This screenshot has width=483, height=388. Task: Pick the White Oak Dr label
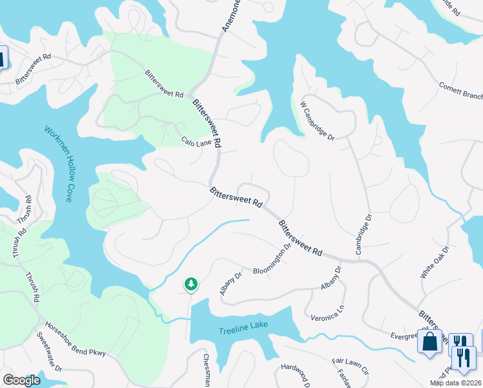(434, 263)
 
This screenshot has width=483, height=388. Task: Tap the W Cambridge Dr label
(317, 120)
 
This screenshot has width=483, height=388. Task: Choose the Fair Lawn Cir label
(349, 366)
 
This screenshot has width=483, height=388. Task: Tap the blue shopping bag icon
(429, 340)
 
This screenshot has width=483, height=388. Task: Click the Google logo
(22, 380)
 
